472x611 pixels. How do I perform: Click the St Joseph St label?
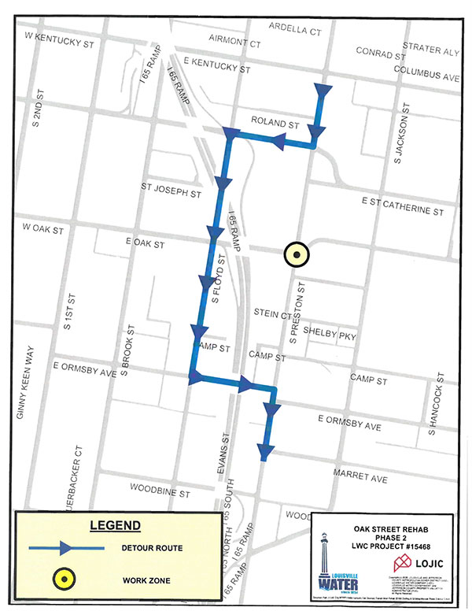pyautogui.click(x=171, y=189)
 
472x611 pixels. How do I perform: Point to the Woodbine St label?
pyautogui.click(x=164, y=494)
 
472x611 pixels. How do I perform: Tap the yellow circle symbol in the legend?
pyautogui.click(x=63, y=580)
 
